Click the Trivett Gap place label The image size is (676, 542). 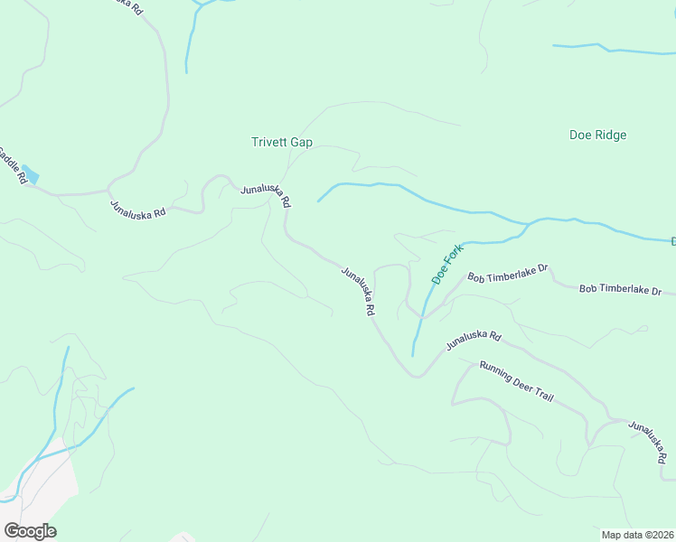[281, 142]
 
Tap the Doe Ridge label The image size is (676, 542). [597, 135]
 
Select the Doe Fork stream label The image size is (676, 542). [446, 264]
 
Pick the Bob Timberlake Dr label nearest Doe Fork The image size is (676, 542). [507, 275]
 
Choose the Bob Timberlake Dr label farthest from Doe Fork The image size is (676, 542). [621, 290]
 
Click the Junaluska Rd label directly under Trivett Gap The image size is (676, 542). [265, 194]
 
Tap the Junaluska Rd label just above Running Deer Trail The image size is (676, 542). [474, 340]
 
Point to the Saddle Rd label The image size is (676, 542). [11, 166]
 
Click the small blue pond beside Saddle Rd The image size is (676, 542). [31, 173]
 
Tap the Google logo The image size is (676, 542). [30, 531]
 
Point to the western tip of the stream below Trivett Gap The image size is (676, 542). [318, 201]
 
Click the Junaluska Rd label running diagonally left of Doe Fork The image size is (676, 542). [358, 290]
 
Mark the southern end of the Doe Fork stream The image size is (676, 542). [413, 354]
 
